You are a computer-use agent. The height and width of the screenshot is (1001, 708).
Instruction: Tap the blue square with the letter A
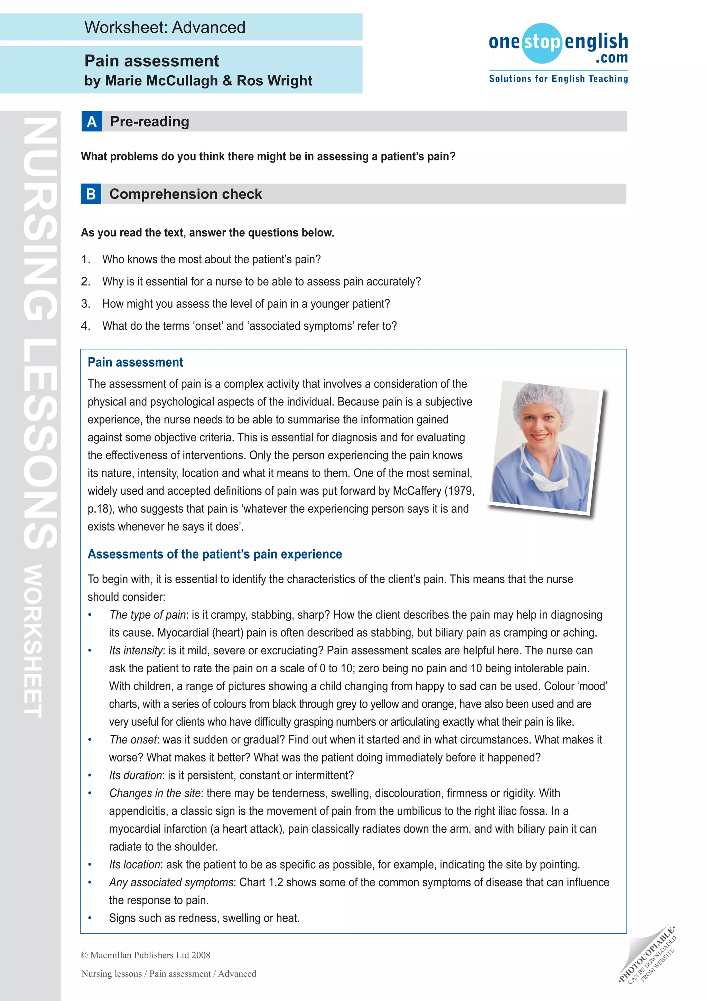click(x=92, y=121)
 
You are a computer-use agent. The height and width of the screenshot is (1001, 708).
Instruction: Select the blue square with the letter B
click(x=91, y=194)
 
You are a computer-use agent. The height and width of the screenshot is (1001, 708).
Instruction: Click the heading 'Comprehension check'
click(x=186, y=194)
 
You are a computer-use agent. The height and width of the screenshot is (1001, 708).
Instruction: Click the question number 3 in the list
click(x=85, y=304)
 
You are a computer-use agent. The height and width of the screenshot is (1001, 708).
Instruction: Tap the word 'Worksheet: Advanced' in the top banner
click(x=165, y=27)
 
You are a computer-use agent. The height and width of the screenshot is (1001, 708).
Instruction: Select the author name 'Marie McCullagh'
click(x=161, y=81)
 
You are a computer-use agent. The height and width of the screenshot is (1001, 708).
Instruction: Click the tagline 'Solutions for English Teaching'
click(x=558, y=79)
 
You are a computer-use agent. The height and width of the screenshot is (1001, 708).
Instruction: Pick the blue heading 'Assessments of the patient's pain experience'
click(x=214, y=554)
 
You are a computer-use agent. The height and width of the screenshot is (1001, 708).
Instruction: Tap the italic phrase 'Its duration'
click(x=136, y=775)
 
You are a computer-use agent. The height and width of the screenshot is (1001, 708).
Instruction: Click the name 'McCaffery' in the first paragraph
click(x=417, y=491)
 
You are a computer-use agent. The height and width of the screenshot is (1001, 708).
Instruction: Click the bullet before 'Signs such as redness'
click(x=90, y=918)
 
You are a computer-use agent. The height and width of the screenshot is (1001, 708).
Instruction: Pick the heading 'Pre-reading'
click(x=150, y=122)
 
